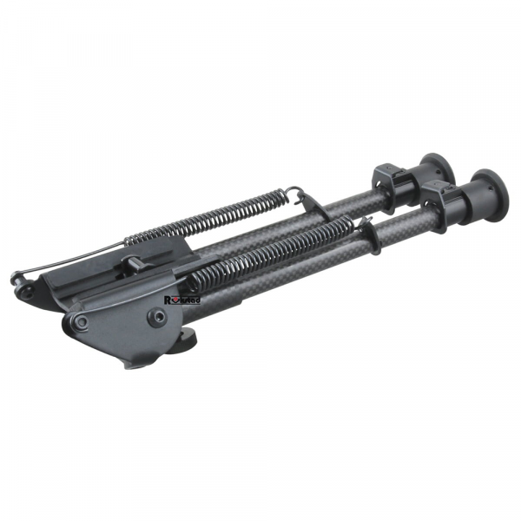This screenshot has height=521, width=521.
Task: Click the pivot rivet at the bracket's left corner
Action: coord(81,321)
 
